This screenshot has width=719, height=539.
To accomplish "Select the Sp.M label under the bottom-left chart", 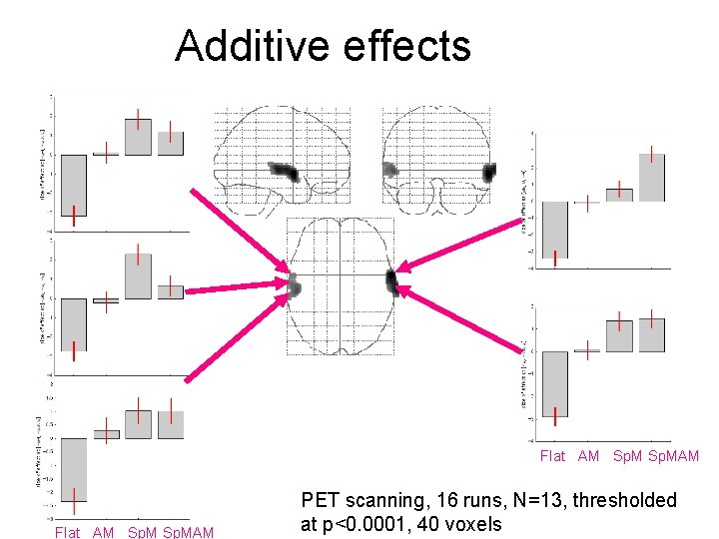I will pos(142,532).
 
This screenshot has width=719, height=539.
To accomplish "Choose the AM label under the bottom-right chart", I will pos(589,456).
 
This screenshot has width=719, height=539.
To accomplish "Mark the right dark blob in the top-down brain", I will pos(392,281).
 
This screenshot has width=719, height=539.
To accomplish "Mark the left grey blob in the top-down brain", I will pos(294,286).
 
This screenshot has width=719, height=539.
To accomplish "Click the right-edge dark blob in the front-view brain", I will pos(489,172).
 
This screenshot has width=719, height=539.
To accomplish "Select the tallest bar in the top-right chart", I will pos(651,178).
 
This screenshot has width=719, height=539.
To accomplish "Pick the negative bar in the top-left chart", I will pos(74,185).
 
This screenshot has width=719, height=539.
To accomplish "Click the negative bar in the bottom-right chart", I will pos(555,383).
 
